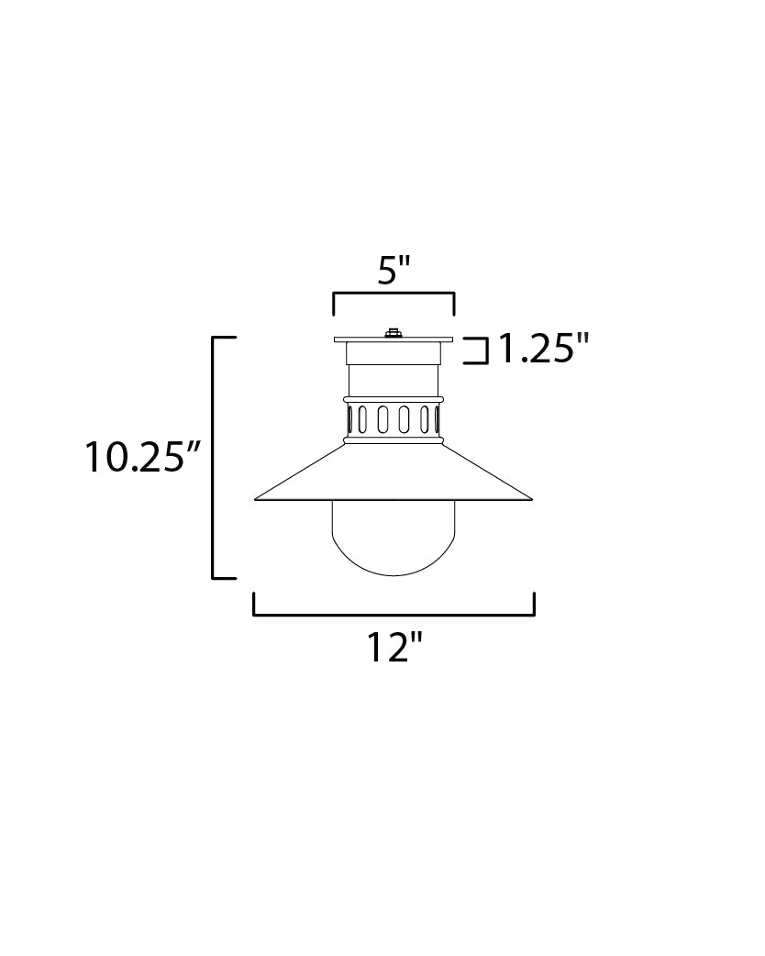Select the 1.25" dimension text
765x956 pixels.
542,350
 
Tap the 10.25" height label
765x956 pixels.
142,457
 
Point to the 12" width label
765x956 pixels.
394,648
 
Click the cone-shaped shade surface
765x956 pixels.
394,472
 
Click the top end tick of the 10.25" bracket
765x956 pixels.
225,339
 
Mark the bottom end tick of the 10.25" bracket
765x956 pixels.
225,578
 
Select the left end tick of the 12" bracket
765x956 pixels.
254,604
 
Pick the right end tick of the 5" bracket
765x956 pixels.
454,304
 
